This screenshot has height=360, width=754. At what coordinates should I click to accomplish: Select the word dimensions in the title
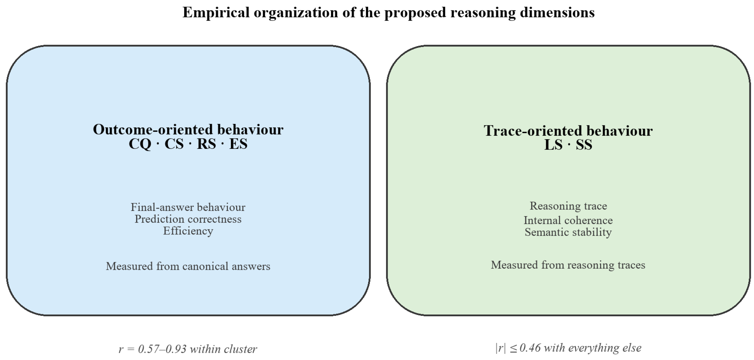tap(557, 12)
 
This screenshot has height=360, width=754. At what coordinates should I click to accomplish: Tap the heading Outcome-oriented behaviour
tap(188, 129)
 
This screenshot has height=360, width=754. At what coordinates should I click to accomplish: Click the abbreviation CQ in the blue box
tap(140, 144)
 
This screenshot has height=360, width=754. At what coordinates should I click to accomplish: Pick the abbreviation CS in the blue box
tap(174, 144)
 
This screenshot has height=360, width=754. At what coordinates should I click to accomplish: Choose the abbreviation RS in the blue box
tap(206, 144)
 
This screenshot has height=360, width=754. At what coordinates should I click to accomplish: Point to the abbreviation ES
tap(238, 144)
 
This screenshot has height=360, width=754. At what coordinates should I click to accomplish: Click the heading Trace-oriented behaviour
tap(568, 131)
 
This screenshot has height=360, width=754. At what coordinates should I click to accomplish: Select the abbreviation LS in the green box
tap(553, 145)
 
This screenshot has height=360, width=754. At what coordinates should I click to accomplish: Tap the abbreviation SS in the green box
tap(584, 145)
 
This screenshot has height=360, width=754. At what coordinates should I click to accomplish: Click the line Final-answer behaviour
tap(188, 207)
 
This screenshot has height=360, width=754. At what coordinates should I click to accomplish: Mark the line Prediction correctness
tap(188, 219)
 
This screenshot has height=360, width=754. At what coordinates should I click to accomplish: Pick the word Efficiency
tap(188, 231)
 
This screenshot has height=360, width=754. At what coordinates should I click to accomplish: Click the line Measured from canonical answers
tap(188, 266)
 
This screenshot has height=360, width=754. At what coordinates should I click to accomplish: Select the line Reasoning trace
tap(568, 206)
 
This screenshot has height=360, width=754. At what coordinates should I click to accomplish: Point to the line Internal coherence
tap(568, 220)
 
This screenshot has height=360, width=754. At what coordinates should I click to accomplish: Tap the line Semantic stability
tap(568, 232)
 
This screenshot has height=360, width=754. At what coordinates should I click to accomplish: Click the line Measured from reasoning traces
tap(568, 265)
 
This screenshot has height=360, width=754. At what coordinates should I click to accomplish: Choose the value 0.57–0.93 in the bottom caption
tap(162, 349)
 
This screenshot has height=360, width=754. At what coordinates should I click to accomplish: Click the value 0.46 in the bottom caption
tap(530, 348)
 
